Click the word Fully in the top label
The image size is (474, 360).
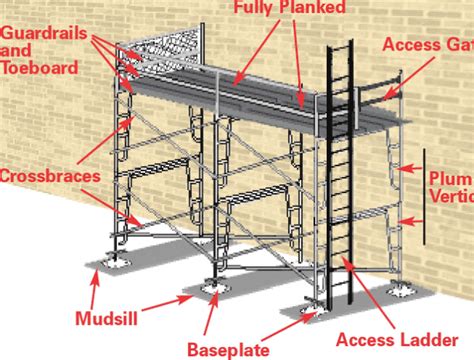[x=255, y=9]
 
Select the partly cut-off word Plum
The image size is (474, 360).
[x=451, y=178]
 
